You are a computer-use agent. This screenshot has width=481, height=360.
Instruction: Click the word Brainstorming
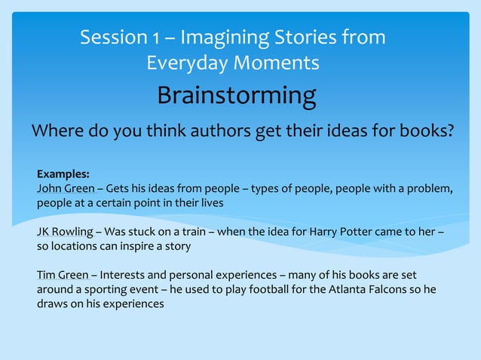(236, 96)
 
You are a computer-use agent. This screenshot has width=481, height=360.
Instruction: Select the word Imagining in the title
(222, 37)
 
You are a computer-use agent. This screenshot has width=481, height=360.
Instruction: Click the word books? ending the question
(424, 132)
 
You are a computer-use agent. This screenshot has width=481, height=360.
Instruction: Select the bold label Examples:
(63, 173)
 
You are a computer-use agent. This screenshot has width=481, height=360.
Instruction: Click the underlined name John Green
(66, 188)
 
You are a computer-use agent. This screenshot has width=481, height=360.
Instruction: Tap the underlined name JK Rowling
(65, 231)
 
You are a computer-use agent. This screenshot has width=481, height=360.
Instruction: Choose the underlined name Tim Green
(63, 275)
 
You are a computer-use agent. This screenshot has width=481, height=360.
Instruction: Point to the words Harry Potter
(335, 231)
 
